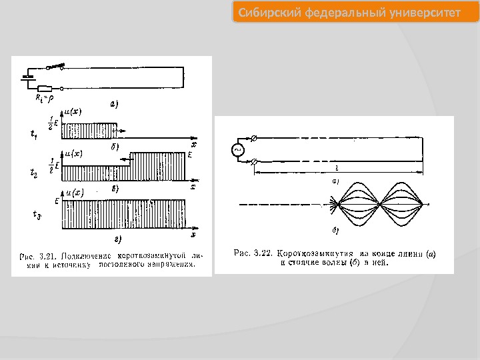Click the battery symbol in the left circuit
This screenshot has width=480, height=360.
28,77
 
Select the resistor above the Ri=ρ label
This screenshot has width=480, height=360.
45,88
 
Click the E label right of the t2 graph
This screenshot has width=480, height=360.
190,155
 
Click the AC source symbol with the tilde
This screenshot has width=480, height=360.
237,150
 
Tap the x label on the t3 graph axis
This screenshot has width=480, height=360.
193,235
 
